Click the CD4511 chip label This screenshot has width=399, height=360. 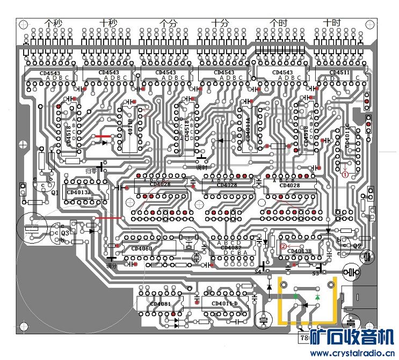coord(339,72)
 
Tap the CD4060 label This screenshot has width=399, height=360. coord(141,249)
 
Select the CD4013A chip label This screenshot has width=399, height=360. coord(78,192)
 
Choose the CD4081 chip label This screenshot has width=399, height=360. coord(160,305)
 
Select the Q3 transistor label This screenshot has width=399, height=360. coord(65,233)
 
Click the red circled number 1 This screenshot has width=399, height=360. coord(346,173)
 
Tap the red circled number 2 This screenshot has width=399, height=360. coord(283,247)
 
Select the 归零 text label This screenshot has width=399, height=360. coord(92,171)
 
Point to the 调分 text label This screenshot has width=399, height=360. coord(111,266)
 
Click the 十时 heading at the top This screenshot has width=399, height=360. coord(332,23)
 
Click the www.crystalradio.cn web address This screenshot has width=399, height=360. coord(352,353)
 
